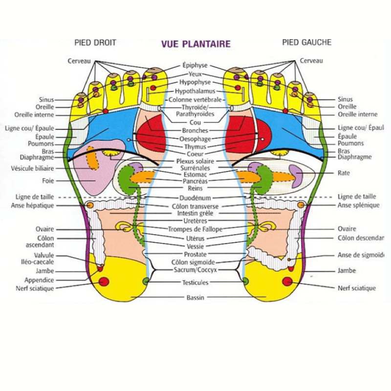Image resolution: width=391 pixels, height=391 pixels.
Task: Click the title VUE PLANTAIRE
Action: point(195,44)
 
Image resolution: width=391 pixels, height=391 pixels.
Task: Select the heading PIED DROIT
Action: point(95,43)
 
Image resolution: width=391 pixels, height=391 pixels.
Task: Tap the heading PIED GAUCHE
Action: point(306,43)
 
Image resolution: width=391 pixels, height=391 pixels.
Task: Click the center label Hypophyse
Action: point(195,82)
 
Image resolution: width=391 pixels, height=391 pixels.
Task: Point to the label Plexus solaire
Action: point(195,161)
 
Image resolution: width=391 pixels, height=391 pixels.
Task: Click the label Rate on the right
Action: point(344,173)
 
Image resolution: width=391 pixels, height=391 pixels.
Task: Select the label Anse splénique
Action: point(358,205)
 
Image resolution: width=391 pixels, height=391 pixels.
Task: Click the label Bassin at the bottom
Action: point(195,298)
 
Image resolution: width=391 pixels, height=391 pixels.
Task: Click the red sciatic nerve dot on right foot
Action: point(104,282)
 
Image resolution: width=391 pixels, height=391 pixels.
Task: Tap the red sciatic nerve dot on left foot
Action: point(287,281)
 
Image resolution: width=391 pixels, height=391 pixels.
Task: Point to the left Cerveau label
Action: point(79,61)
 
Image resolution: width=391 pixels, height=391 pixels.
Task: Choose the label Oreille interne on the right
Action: point(357,114)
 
